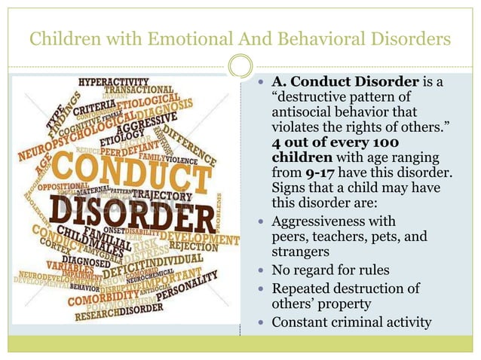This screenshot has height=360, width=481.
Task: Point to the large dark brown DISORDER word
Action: pyautogui.click(x=133, y=216)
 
